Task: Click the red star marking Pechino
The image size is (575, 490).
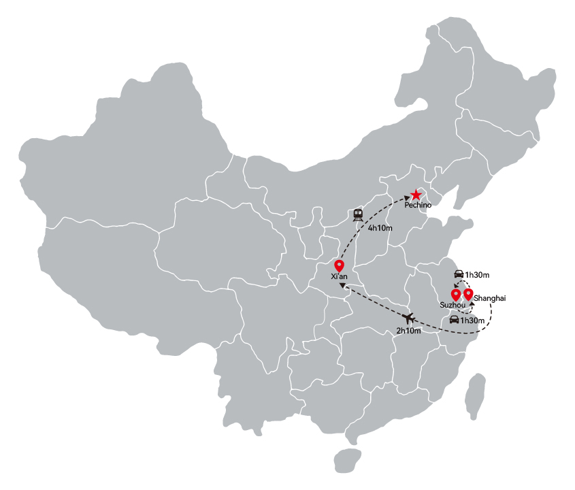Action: click(416, 195)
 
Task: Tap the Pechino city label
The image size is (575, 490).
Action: click(418, 205)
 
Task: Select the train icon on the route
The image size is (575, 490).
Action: click(358, 215)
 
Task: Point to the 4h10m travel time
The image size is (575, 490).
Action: click(380, 228)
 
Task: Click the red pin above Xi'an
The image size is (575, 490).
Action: click(339, 265)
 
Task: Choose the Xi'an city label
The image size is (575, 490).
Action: click(339, 276)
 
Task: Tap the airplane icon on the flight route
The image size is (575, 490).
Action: click(408, 318)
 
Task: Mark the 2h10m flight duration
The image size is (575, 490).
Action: click(408, 331)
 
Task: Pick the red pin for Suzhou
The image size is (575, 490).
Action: click(455, 295)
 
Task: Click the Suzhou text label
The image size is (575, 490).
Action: click(453, 305)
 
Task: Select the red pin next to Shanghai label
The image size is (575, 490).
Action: click(468, 295)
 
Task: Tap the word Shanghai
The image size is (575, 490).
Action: click(489, 298)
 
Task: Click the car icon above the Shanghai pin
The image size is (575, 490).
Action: click(459, 274)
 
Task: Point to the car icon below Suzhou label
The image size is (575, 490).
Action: click(455, 319)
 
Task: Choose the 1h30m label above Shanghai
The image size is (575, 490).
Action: click(477, 275)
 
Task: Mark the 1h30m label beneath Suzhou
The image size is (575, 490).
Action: click(472, 321)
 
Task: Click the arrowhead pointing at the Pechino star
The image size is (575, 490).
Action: click(407, 199)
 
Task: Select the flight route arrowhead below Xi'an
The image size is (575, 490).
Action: click(342, 285)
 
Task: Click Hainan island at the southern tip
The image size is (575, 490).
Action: click(348, 461)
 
